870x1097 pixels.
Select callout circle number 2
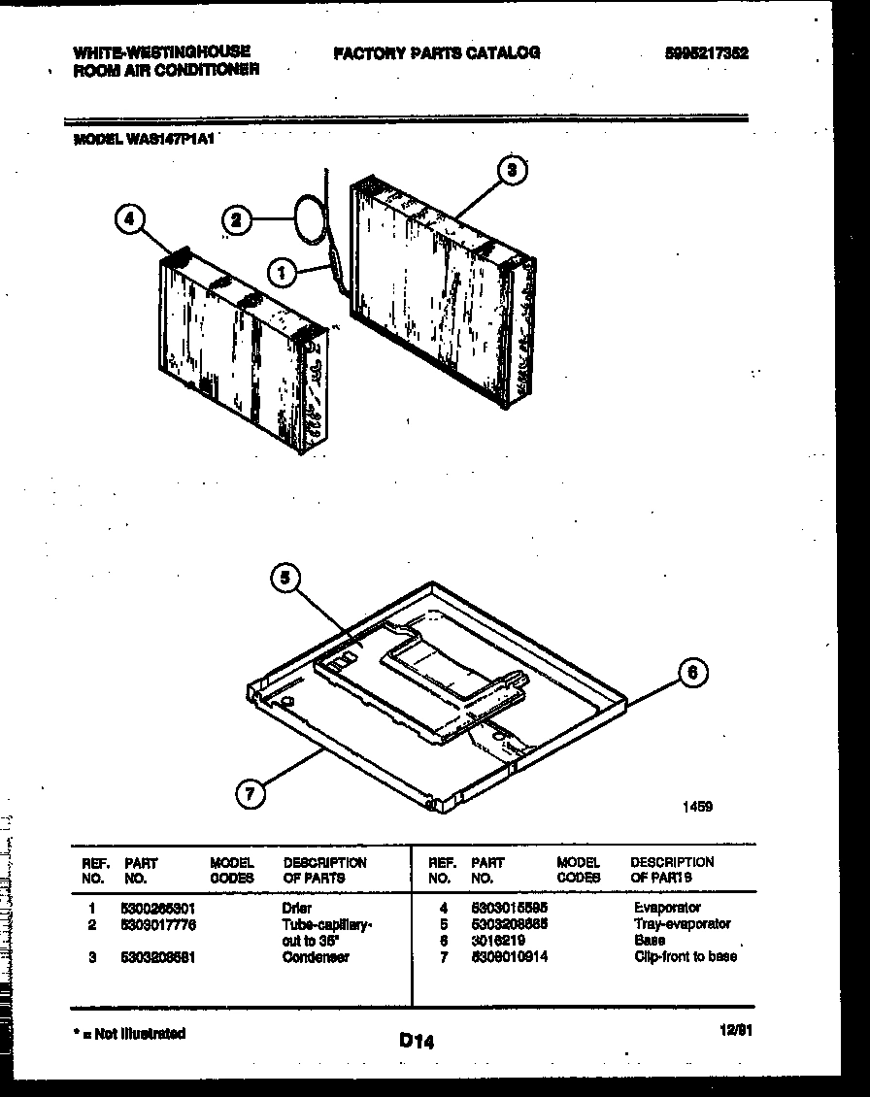click(233, 220)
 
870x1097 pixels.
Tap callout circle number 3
click(513, 171)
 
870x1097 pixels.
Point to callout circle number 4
click(128, 220)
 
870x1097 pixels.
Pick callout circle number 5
click(283, 580)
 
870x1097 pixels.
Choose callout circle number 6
click(692, 673)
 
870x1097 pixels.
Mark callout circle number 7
click(251, 794)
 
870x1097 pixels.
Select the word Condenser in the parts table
click(316, 957)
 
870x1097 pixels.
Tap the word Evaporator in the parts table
click(667, 908)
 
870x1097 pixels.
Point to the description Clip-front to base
click(685, 957)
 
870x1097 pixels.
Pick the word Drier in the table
click(297, 908)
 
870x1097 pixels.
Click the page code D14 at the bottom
click(416, 1042)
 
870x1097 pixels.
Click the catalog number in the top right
click(707, 54)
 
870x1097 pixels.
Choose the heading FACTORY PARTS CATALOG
click(436, 53)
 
